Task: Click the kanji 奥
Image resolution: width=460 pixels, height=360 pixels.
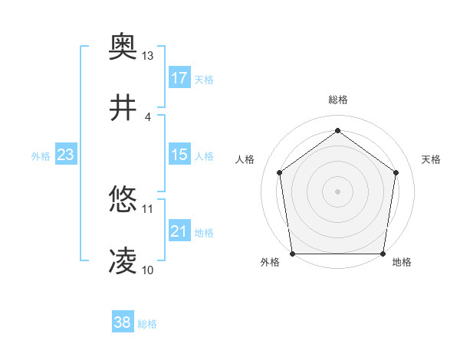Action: (x=123, y=48)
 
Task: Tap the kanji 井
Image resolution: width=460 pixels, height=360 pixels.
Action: (x=123, y=109)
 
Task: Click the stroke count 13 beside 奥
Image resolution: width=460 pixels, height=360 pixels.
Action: (x=148, y=56)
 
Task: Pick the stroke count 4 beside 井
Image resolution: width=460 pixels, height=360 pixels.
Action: (x=148, y=116)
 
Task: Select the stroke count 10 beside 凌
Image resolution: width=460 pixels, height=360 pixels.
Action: (x=148, y=270)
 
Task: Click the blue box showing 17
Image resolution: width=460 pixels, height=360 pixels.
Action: (x=179, y=78)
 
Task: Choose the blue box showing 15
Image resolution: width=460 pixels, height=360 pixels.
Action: (x=179, y=155)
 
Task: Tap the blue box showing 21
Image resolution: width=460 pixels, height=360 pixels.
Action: (x=179, y=231)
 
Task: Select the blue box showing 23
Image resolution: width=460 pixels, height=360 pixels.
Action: (x=66, y=155)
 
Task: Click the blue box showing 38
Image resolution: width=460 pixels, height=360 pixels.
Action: (x=123, y=322)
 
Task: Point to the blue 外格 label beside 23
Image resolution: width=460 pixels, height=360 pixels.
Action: (x=41, y=155)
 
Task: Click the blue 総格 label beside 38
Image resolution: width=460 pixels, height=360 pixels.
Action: (x=147, y=323)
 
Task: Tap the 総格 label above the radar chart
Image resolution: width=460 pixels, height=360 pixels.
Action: (x=338, y=100)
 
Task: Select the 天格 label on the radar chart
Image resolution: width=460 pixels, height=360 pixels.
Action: (x=432, y=159)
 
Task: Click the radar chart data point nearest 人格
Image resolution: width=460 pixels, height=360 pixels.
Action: (x=279, y=172)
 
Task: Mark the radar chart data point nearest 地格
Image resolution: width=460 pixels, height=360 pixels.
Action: (x=383, y=254)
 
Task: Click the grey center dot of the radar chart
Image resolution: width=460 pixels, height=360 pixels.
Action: (x=338, y=191)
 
